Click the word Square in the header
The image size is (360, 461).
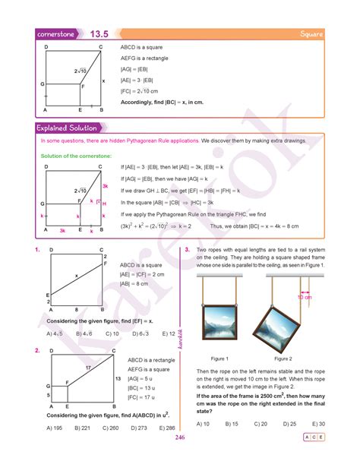pos(312,34)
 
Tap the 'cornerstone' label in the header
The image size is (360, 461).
pos(60,34)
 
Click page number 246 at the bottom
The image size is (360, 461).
pos(180,438)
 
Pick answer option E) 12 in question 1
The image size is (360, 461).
pos(168,333)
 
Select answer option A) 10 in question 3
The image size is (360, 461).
pos(203,423)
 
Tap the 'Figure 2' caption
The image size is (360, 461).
pos(283,358)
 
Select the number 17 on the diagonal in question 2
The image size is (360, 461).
pos(88,368)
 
